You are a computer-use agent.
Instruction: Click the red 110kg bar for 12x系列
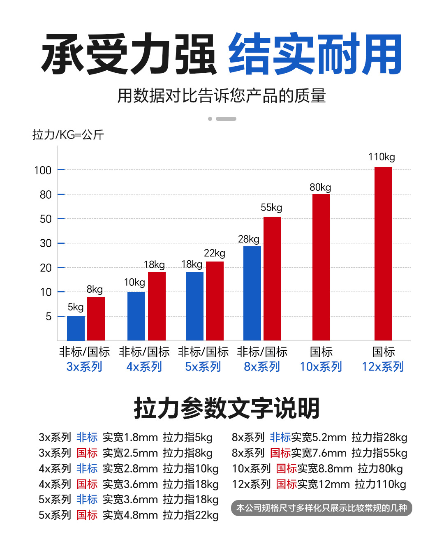click(383, 253)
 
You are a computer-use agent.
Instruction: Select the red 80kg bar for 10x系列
click(321, 267)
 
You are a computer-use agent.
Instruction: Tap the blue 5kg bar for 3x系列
click(76, 328)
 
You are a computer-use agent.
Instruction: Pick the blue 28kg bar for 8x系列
click(252, 293)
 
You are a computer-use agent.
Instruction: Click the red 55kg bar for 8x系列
click(272, 278)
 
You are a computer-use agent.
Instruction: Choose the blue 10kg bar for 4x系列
click(136, 316)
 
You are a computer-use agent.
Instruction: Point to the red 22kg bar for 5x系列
click(215, 301)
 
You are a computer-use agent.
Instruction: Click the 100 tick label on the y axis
click(43, 170)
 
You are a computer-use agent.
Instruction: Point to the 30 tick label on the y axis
click(46, 243)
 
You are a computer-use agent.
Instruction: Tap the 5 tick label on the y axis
click(49, 317)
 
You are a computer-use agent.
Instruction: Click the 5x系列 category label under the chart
click(203, 366)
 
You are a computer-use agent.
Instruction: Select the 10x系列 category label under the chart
click(321, 366)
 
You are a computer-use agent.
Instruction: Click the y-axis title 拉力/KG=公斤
click(68, 134)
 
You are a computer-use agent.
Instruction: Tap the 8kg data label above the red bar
click(95, 289)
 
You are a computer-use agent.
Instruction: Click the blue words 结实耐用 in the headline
click(315, 55)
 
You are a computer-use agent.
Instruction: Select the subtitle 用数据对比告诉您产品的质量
click(222, 96)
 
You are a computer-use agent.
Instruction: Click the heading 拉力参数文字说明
click(227, 408)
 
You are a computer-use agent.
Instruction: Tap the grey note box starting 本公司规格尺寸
click(321, 508)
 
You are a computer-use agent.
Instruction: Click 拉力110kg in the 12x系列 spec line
click(380, 484)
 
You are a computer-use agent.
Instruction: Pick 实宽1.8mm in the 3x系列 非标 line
click(130, 438)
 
